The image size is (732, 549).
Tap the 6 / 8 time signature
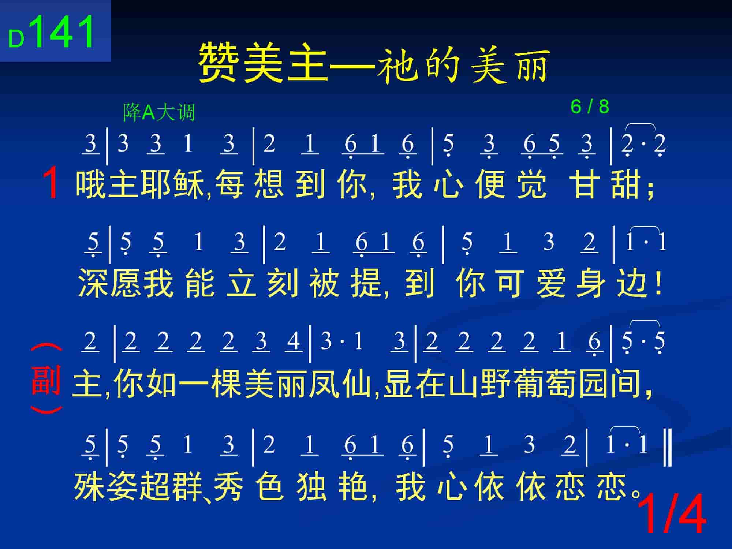[x=590, y=107]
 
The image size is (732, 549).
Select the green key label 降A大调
[x=159, y=112]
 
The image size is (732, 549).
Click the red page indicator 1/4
[x=672, y=514]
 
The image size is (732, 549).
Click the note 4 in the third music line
[x=293, y=341]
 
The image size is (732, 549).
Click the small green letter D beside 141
[x=16, y=39]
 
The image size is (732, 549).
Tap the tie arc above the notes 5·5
[x=644, y=324]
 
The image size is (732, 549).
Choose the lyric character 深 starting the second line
[x=94, y=283]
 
